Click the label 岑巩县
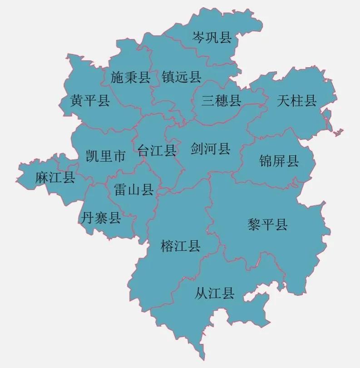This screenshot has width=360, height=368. point(212,37)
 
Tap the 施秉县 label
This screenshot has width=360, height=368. point(130,78)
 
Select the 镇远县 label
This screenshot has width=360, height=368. point(182,77)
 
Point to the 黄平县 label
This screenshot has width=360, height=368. point(90,100)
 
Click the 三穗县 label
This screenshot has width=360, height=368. point(222,100)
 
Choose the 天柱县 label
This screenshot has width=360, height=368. point(296,100)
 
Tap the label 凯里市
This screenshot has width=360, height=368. point(105,157)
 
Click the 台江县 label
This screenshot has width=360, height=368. point(157,150)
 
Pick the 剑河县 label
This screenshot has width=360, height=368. point(211,148)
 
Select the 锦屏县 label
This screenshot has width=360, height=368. point(279,160)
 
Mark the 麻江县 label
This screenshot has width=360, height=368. point(55,177)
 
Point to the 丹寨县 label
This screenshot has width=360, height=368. point(101,218)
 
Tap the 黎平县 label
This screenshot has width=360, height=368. point(267,224)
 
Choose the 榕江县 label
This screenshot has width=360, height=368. point(180,246)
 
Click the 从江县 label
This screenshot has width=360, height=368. point(215,293)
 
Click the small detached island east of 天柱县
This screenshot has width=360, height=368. point(337,133)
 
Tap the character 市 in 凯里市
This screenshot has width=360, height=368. point(119,157)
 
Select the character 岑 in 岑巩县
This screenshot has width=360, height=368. point(198,37)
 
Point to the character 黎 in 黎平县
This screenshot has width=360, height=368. point(254,224)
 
